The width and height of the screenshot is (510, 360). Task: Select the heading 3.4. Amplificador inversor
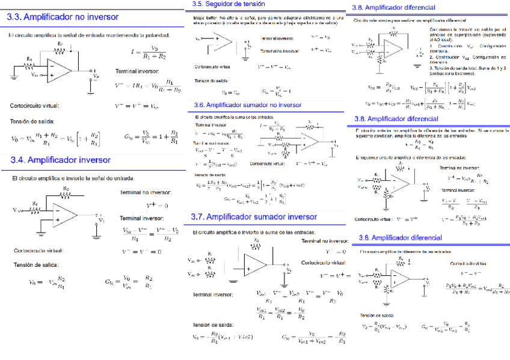[60, 160]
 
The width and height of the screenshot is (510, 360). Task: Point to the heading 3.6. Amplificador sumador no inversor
[248, 105]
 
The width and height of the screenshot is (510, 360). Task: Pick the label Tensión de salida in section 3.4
[36, 264]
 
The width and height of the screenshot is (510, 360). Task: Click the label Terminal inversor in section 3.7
[213, 294]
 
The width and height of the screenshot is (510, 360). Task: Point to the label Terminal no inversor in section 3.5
[278, 51]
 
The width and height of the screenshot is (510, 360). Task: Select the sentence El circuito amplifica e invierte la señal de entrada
[73, 178]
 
